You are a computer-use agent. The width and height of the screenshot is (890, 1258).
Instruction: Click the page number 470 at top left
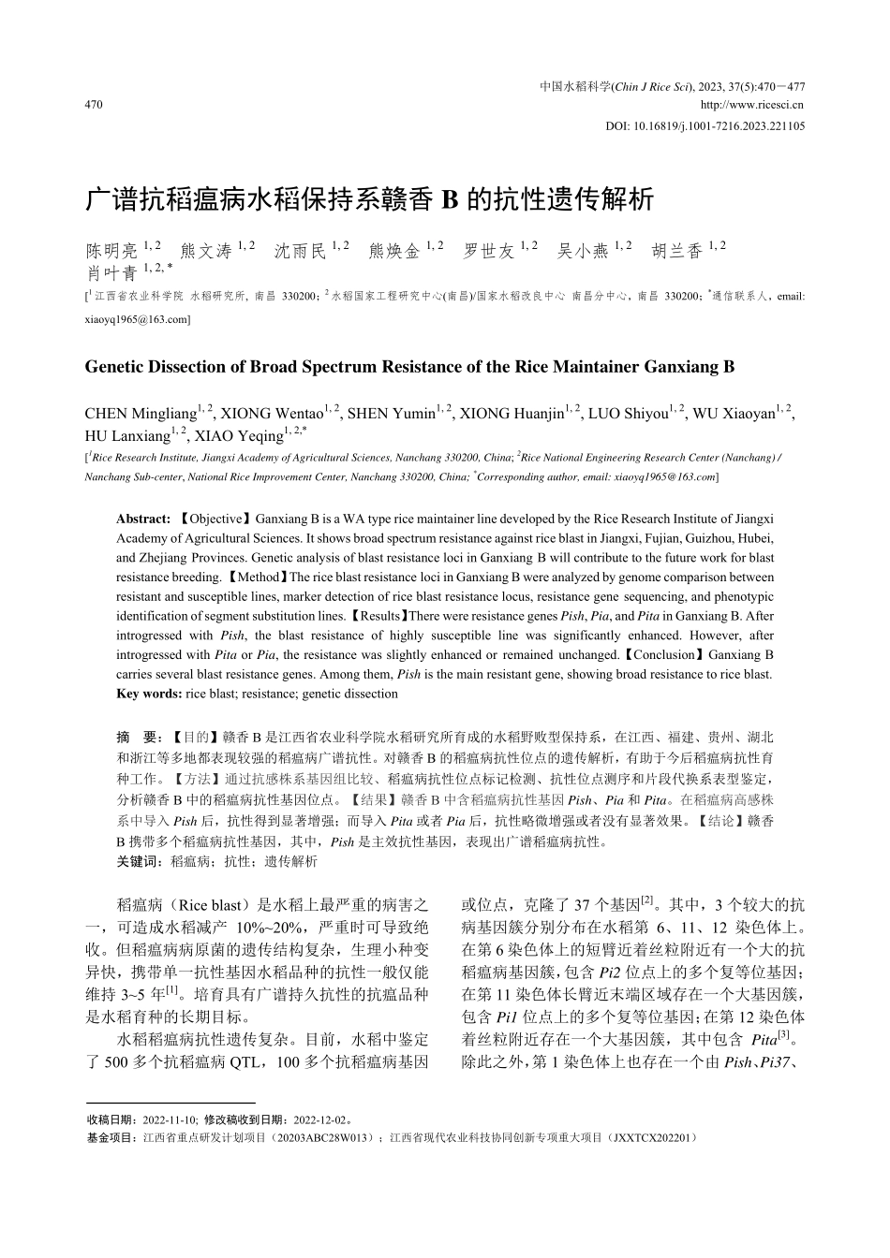coord(93,105)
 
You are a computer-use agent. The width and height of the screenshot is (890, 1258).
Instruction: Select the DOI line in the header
coord(705,125)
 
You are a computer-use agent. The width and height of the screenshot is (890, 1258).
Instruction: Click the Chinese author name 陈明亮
coord(111,251)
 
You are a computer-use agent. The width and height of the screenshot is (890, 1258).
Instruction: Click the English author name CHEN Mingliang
coord(141,414)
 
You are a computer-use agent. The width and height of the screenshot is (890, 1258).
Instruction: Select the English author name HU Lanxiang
coord(127,436)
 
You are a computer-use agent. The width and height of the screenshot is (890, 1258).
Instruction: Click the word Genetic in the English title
coord(114,367)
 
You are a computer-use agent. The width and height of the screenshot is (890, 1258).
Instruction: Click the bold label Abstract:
coord(143,519)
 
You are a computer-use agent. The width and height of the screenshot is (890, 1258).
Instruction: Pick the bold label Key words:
coord(149,694)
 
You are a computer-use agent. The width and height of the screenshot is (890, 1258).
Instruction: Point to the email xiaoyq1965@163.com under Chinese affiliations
coord(137,319)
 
